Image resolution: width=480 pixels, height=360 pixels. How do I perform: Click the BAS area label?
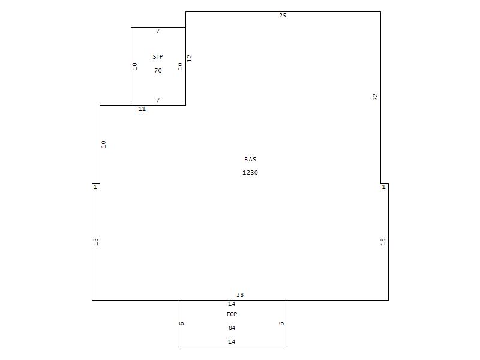(250, 159)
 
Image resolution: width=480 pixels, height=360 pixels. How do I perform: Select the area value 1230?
(250, 173)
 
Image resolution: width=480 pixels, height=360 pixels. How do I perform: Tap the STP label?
(158, 56)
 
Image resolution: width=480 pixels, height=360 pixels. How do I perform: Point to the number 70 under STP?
(158, 70)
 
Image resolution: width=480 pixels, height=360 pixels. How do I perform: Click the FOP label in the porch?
(232, 314)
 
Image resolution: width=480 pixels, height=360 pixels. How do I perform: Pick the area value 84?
(232, 328)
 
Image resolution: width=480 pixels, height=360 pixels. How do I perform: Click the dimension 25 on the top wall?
(283, 16)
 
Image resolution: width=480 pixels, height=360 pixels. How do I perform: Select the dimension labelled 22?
(376, 97)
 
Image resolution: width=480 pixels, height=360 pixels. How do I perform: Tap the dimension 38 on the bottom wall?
(239, 295)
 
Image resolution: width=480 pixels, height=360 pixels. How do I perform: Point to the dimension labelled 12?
(189, 58)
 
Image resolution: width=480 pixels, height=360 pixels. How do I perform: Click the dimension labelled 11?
(142, 109)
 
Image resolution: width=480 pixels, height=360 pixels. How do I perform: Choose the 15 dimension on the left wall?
(95, 242)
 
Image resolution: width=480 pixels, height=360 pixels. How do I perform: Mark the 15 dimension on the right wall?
(383, 242)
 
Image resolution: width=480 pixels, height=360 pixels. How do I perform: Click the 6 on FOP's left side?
(182, 323)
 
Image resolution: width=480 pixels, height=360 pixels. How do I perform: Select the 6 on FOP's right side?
(281, 323)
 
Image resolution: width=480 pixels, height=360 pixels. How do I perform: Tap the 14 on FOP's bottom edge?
(232, 341)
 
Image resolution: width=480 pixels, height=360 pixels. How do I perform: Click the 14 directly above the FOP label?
(232, 304)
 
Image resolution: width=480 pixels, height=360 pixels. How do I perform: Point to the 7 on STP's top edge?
(158, 31)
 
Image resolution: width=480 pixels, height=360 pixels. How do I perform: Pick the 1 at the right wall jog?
(383, 187)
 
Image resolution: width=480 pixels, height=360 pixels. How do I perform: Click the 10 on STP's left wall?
(134, 66)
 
